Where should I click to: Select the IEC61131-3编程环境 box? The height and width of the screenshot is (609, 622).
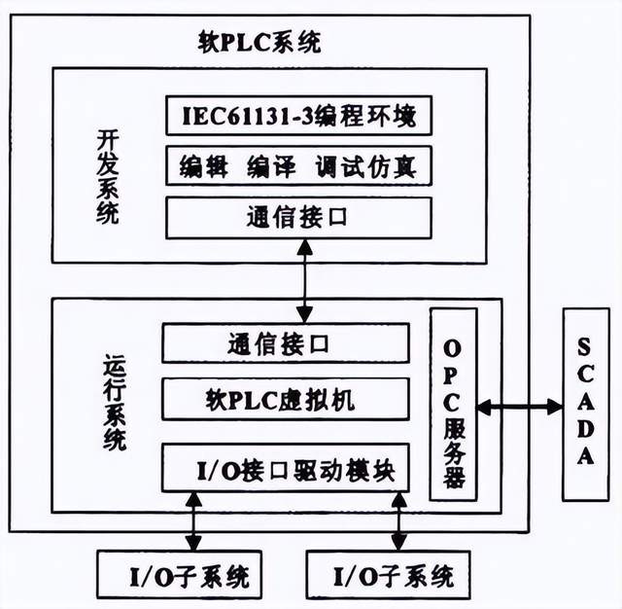point(298,117)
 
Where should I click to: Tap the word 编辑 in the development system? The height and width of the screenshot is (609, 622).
point(202,166)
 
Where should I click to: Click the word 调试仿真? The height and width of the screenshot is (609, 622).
point(365,166)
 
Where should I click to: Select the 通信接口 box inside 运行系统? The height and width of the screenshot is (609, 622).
point(285,343)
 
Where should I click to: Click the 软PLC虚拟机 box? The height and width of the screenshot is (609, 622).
point(285,400)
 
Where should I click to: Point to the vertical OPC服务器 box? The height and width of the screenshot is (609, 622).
point(453,404)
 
